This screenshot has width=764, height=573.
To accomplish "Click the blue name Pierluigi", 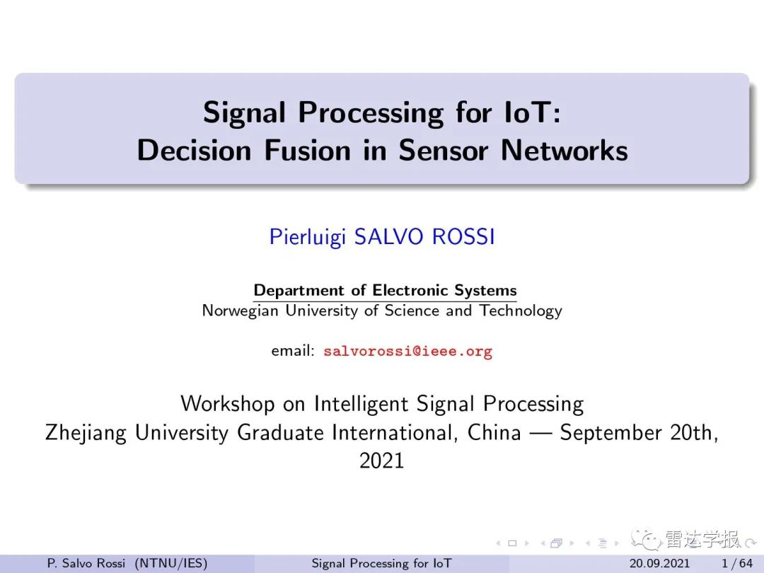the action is pyautogui.click(x=308, y=237).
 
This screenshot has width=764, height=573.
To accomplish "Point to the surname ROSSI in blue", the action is pyautogui.click(x=463, y=237).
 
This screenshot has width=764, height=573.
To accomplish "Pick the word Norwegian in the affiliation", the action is pyautogui.click(x=240, y=311).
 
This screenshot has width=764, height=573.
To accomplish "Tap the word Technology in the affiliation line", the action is pyautogui.click(x=521, y=311).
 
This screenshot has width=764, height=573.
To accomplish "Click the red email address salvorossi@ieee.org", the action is pyautogui.click(x=408, y=352).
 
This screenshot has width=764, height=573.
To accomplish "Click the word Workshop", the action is pyautogui.click(x=228, y=404).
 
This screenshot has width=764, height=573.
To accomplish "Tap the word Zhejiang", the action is pyautogui.click(x=86, y=433).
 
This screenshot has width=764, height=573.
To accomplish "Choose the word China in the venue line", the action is pyautogui.click(x=494, y=432).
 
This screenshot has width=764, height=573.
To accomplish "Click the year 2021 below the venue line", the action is pyautogui.click(x=381, y=461).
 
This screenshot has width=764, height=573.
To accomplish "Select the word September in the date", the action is pyautogui.click(x=610, y=433).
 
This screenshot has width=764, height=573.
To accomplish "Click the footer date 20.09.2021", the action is pyautogui.click(x=660, y=563).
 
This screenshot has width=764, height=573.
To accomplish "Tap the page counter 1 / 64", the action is pyautogui.click(x=737, y=563).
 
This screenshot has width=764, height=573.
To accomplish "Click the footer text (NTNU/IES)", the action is pyautogui.click(x=171, y=563).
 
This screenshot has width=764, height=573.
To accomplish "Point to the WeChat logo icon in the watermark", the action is pyautogui.click(x=646, y=539).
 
